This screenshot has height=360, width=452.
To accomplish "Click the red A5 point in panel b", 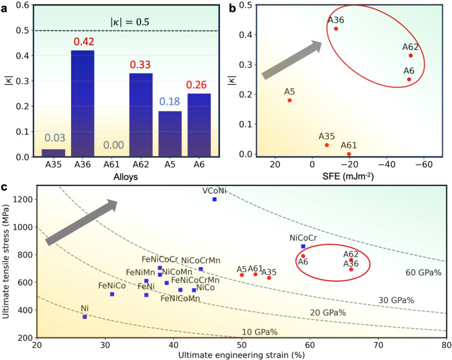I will [x=290, y=100].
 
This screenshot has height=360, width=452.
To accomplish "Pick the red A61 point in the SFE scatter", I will [x=349, y=154].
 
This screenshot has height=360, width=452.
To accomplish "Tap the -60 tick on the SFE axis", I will [x=424, y=164].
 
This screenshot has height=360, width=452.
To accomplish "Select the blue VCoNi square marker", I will [x=215, y=199].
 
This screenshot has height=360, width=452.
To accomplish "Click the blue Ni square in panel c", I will [x=85, y=317].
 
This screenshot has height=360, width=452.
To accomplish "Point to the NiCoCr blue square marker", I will [x=303, y=246].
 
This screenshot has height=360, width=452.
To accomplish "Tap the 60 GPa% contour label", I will [x=423, y=273].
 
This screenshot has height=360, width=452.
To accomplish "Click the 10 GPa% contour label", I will [x=259, y=332].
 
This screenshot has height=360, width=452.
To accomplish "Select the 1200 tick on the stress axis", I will [x=23, y=199].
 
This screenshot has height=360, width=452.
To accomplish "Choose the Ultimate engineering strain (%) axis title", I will [x=241, y=354].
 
